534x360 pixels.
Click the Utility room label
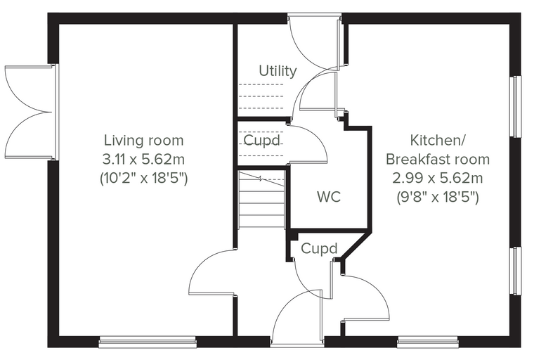(x=278, y=71)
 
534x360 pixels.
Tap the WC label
(x=329, y=197)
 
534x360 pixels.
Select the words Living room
(x=143, y=141)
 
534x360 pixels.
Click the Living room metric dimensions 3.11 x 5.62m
(x=143, y=159)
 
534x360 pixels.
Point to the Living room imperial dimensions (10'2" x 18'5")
(x=143, y=178)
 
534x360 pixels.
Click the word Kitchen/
(x=438, y=141)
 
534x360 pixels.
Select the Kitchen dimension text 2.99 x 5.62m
(x=438, y=178)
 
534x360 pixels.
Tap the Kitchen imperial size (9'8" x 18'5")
(x=438, y=197)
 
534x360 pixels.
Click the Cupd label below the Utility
(x=261, y=141)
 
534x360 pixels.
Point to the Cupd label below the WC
(x=319, y=248)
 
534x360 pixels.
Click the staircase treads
(x=261, y=200)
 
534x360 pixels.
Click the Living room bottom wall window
(x=148, y=342)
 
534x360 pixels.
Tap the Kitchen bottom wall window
(x=427, y=342)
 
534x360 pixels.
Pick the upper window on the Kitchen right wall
(x=516, y=106)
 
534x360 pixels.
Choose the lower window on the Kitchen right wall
(x=516, y=270)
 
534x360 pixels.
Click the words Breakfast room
(x=438, y=159)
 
